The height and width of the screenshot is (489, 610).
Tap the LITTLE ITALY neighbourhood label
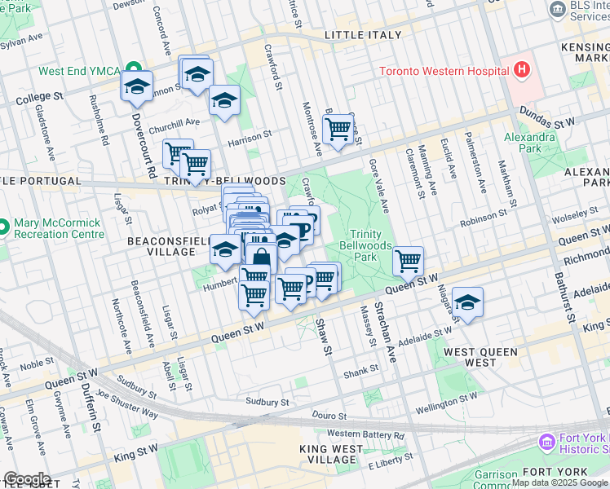(363, 35)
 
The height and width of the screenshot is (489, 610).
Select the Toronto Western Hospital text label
(443, 70)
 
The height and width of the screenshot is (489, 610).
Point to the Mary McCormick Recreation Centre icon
(4, 226)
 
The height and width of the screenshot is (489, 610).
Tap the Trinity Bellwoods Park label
(371, 245)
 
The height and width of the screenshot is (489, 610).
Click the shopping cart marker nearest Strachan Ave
(408, 261)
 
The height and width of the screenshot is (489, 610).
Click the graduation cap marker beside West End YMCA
(137, 86)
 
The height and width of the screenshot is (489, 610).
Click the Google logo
(27, 478)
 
